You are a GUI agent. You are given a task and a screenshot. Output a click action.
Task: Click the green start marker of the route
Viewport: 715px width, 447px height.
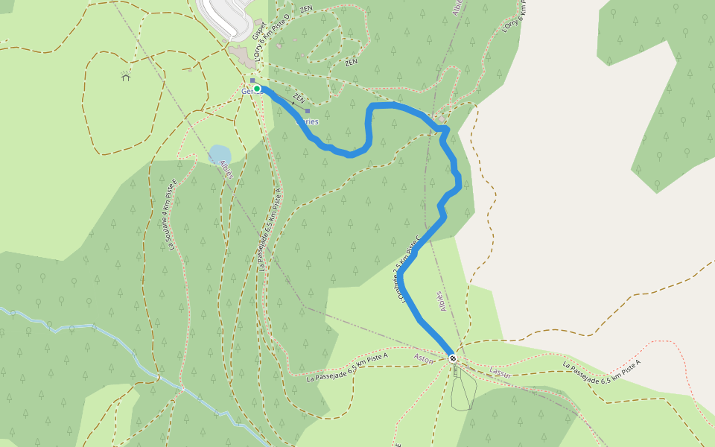257,89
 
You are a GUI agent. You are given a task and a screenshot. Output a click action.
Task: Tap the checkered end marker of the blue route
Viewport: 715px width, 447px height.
453,358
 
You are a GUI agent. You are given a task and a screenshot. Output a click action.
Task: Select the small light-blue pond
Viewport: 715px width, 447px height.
220,154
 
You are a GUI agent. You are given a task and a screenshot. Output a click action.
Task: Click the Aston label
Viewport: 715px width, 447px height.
423,358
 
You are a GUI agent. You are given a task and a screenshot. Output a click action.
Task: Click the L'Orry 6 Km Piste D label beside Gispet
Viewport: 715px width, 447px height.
270,37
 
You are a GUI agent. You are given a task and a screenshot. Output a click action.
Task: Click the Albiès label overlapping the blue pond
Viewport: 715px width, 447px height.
227,169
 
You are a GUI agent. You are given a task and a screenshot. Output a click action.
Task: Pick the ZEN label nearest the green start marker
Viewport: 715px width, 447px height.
299,98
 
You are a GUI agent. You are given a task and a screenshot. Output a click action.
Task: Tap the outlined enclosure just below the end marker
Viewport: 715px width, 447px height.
463,389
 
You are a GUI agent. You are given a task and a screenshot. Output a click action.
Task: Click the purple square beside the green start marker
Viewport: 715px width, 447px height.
252,80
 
